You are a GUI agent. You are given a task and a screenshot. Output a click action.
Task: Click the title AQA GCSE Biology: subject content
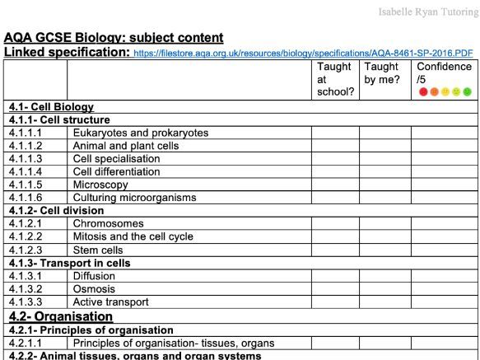click(x=114, y=38)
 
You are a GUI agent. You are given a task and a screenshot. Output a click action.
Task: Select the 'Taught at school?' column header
click(x=335, y=79)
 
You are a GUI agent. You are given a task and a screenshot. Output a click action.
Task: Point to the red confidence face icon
click(x=423, y=91)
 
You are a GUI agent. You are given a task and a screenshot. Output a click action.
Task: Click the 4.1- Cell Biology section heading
click(x=51, y=107)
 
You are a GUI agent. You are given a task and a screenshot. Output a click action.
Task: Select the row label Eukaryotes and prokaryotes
click(x=140, y=133)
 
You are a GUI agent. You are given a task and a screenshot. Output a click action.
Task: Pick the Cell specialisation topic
click(x=116, y=158)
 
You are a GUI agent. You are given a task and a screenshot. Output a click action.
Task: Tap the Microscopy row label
click(x=100, y=185)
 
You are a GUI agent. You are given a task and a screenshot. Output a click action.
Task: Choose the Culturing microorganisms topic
click(x=134, y=198)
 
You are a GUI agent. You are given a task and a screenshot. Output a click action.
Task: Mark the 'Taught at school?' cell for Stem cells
click(x=335, y=250)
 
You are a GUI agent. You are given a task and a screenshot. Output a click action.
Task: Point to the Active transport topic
click(x=111, y=302)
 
